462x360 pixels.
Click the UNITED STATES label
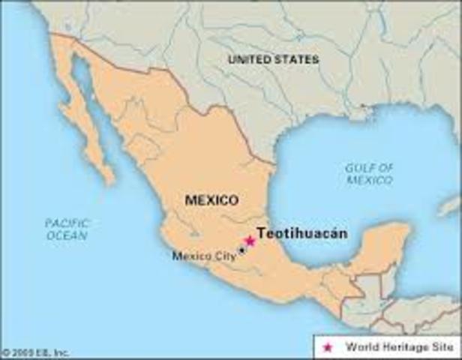pos(273,58)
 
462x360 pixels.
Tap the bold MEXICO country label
pos(212,200)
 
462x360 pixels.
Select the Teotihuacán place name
pos(301,233)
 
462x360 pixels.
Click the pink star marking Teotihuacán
pos(250,241)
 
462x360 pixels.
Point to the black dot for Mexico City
pos(241,250)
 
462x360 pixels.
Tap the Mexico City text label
pos(204,256)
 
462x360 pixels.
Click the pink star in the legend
pos(326,347)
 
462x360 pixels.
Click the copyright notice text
pos(35,352)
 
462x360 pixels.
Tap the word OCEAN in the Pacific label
pos(66,235)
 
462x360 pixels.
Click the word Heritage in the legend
pos(395,347)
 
